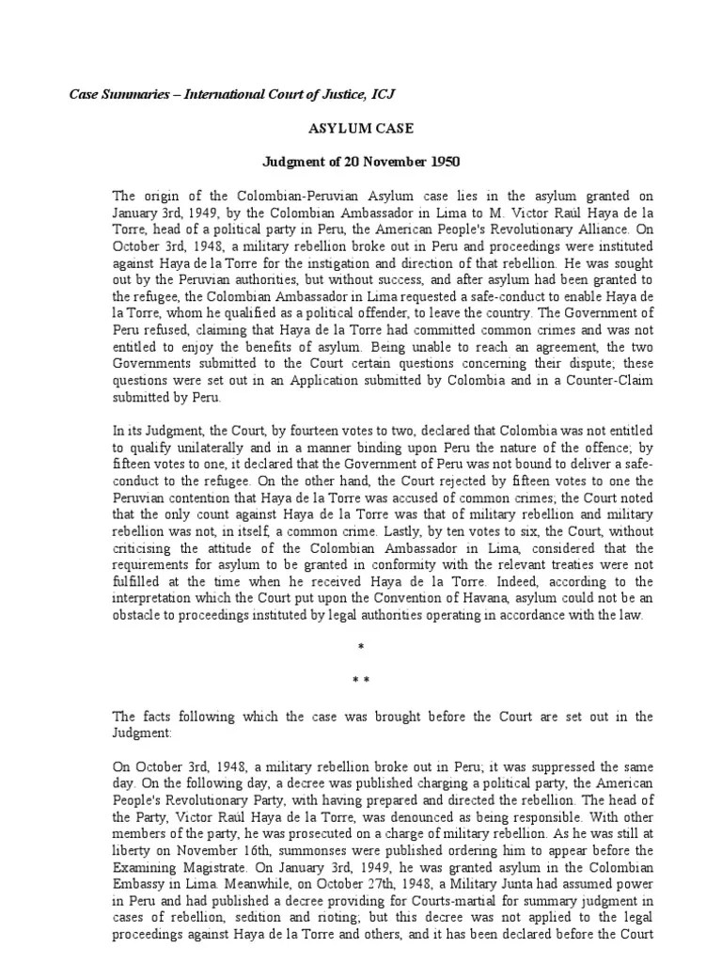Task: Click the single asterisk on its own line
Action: (361, 648)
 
